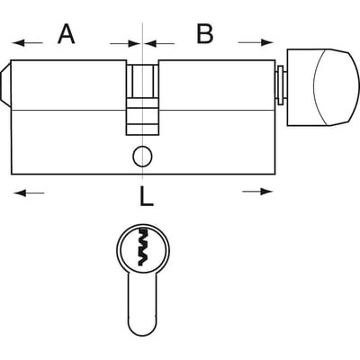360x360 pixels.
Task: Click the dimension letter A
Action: [x=67, y=34]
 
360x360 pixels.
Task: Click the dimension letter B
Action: [x=205, y=33]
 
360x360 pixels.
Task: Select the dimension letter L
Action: [x=147, y=196]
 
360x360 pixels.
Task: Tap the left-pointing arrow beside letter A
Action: [x=28, y=43]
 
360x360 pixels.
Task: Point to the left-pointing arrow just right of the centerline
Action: [x=159, y=44]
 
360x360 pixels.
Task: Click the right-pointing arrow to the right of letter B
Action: [x=256, y=42]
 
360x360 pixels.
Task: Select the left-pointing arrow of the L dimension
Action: [x=29, y=193]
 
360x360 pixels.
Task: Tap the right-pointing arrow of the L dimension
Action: [x=257, y=192]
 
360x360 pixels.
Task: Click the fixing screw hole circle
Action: [x=143, y=157]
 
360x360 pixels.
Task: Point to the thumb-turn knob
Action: [x=323, y=87]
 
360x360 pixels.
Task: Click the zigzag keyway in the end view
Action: [x=143, y=247]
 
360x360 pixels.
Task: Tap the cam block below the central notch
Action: [x=142, y=116]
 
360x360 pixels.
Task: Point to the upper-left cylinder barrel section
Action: [x=68, y=85]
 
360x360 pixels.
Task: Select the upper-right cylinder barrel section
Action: [x=217, y=85]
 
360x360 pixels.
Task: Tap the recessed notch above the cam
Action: [x=142, y=80]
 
